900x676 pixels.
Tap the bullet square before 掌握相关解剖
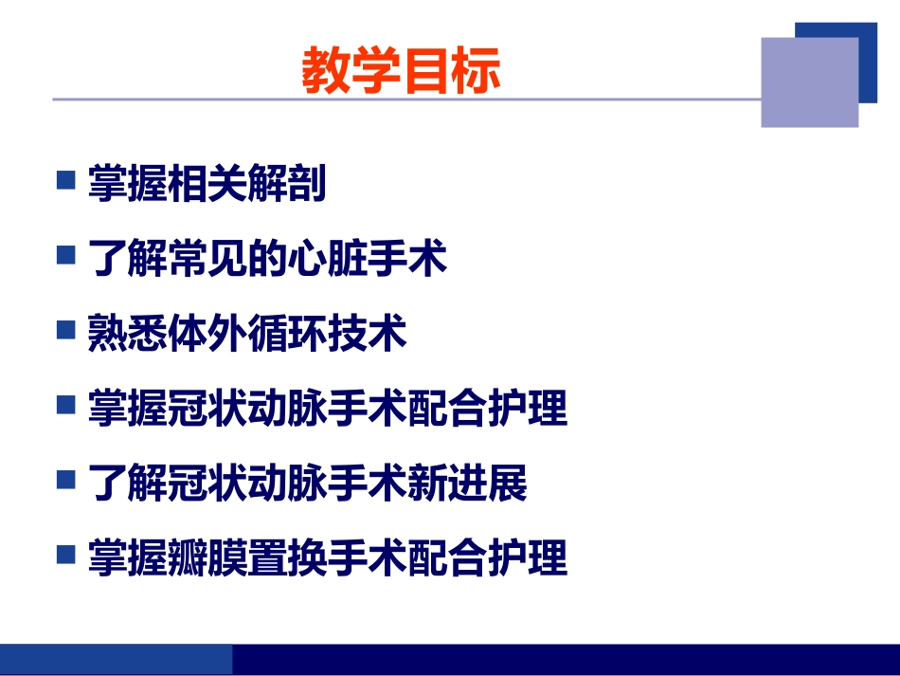coord(65,180)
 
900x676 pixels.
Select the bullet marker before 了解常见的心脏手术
coord(65,255)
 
